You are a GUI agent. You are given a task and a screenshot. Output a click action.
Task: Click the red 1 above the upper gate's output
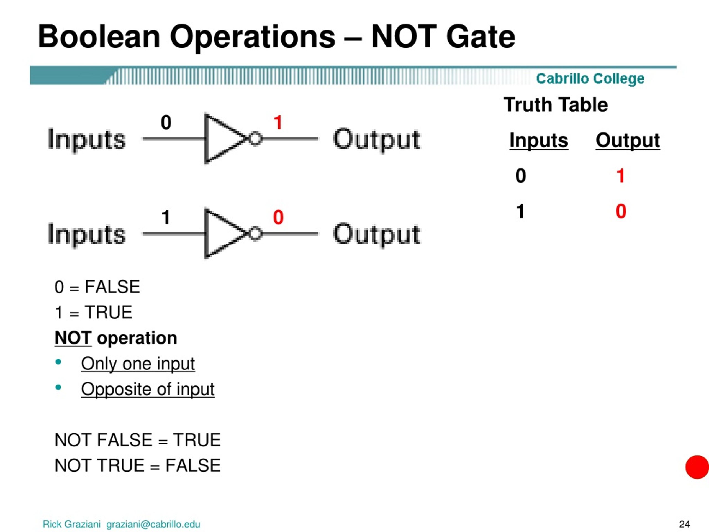278,122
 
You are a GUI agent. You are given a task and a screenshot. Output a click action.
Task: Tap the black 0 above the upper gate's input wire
166,122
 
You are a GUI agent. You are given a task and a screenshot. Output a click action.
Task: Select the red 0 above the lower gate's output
278,217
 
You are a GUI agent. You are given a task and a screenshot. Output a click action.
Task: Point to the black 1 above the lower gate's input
166,217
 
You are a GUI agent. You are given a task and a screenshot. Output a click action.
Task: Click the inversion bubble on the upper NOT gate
255,139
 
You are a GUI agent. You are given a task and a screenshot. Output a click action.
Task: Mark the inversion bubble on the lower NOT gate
255,234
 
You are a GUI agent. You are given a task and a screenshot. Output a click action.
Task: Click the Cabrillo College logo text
590,79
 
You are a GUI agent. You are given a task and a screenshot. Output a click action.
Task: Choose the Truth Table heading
556,104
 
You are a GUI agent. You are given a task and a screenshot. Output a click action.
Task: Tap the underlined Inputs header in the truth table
539,140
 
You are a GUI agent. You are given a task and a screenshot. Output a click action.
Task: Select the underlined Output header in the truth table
628,140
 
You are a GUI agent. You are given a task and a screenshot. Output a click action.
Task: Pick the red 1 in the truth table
621,176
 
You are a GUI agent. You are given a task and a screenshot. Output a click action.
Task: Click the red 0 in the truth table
621,211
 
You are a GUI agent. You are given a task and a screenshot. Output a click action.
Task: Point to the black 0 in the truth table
520,176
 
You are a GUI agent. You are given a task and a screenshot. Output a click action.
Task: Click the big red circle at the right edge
697,467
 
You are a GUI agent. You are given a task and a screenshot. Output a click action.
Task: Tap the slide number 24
684,524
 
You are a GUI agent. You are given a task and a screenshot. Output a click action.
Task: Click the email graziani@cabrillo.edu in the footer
153,524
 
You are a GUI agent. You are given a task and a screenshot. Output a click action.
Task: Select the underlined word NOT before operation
73,338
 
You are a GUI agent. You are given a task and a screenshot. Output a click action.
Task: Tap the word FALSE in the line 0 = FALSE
112,287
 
